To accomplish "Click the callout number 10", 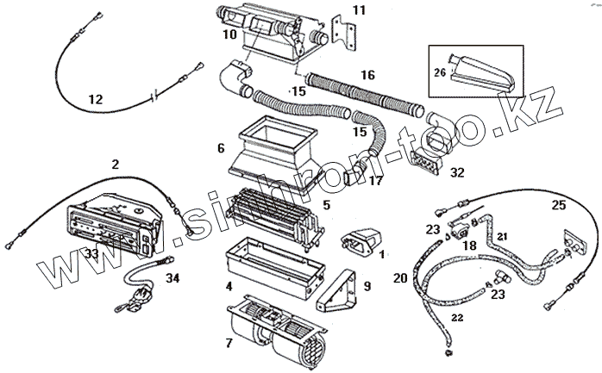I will pyautogui.click(x=229, y=34).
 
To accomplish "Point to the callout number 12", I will pyautogui.click(x=96, y=100).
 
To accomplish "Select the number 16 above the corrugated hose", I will pyautogui.click(x=367, y=76).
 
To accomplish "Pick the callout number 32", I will pyautogui.click(x=457, y=172).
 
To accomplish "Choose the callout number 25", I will pyautogui.click(x=559, y=204).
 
